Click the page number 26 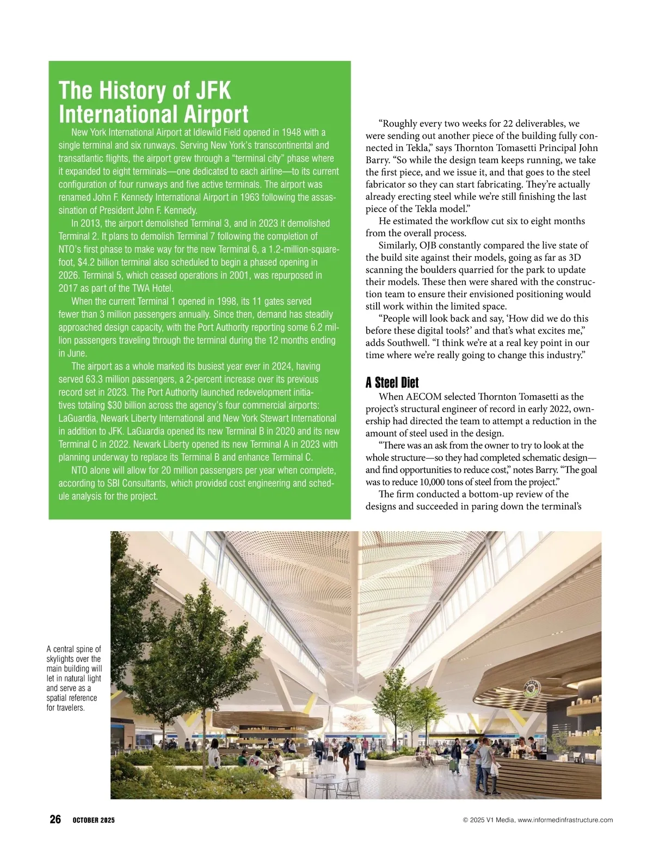click(55, 820)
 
